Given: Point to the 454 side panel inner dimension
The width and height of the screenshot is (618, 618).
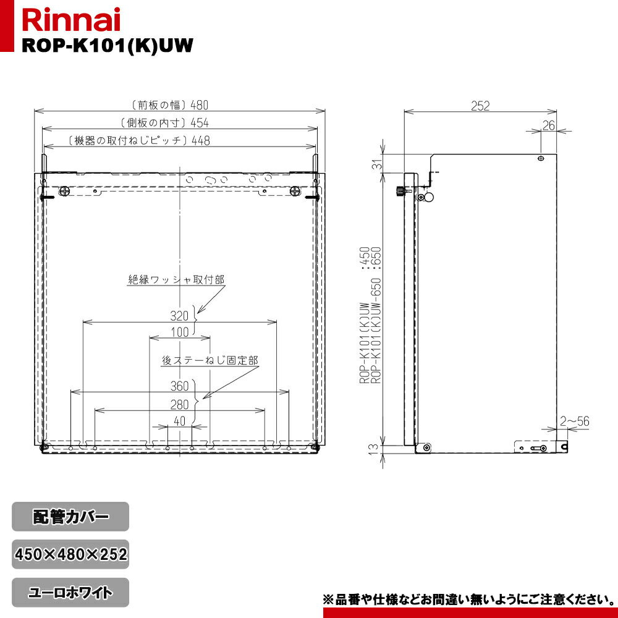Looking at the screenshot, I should pyautogui.click(x=200, y=122).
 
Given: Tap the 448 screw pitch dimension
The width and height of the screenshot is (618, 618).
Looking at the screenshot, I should pyautogui.click(x=201, y=140).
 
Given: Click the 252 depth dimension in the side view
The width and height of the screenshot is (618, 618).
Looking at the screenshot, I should pyautogui.click(x=480, y=106).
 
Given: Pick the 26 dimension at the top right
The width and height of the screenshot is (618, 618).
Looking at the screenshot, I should pyautogui.click(x=548, y=125).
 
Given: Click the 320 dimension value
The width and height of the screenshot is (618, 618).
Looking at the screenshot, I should pyautogui.click(x=179, y=316).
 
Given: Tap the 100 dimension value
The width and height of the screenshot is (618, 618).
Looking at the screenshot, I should pyautogui.click(x=179, y=332).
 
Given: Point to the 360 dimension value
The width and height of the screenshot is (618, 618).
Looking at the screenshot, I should pyautogui.click(x=179, y=387).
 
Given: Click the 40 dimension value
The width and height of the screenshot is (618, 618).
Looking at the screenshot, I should pyautogui.click(x=179, y=421).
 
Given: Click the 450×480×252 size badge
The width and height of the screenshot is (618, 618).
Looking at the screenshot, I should pyautogui.click(x=70, y=554).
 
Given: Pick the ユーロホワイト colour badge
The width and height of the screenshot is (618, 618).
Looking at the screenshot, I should pyautogui.click(x=70, y=593).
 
